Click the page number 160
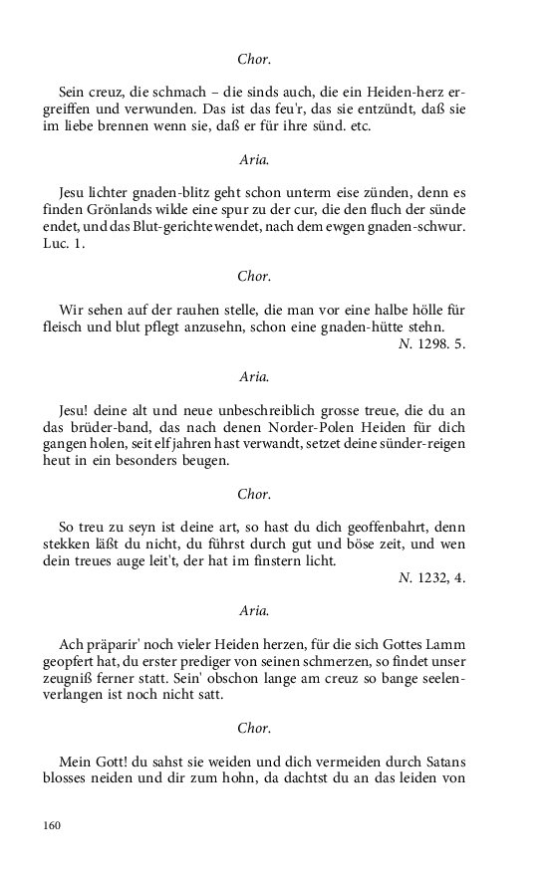pyautogui.click(x=52, y=825)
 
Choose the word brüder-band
pyautogui.click(x=109, y=428)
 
